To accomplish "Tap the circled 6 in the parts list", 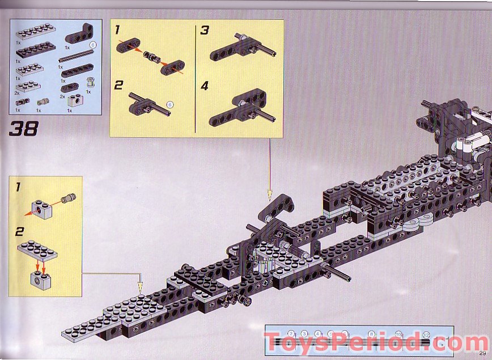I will point(95,46).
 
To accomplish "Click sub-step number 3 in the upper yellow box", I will point(205,29).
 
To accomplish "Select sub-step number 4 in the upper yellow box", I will point(205,86).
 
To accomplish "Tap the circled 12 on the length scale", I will point(426,333).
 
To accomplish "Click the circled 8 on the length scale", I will point(371,333).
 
